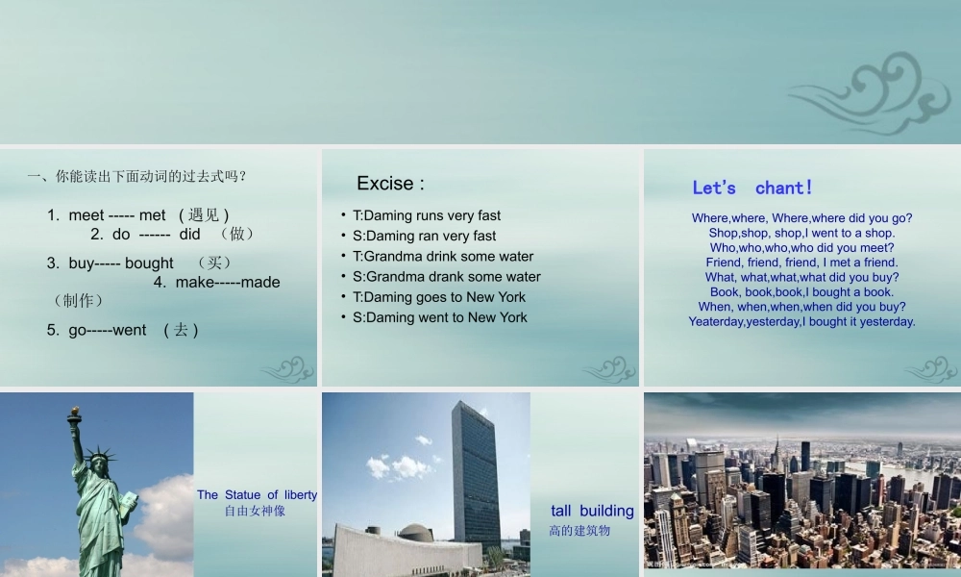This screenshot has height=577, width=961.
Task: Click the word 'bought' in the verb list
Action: pyautogui.click(x=149, y=263)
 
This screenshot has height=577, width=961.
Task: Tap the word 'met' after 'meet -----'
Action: pyautogui.click(x=153, y=214)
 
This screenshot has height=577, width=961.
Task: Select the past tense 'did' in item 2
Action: pyautogui.click(x=189, y=234)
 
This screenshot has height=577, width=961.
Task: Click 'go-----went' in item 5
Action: pyautogui.click(x=96, y=330)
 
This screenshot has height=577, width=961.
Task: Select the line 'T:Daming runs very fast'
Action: pyautogui.click(x=427, y=215)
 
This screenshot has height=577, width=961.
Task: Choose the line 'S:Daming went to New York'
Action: pyautogui.click(x=439, y=317)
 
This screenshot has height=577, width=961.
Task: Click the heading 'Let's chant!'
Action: pyautogui.click(x=752, y=188)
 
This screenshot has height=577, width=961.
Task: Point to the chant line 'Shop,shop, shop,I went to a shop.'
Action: pyautogui.click(x=801, y=233)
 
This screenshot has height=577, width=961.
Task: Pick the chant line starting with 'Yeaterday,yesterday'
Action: pyautogui.click(x=801, y=321)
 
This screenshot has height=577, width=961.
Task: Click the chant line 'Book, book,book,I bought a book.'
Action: pyautogui.click(x=801, y=291)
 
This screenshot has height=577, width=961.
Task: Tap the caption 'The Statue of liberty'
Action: pyautogui.click(x=257, y=494)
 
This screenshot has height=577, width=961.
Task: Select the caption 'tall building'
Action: pyautogui.click(x=592, y=511)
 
